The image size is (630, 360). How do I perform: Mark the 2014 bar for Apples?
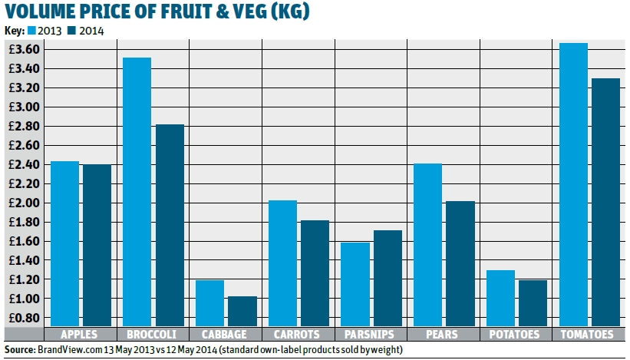tap(97, 246)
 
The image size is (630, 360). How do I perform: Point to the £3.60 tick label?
tap(20, 49)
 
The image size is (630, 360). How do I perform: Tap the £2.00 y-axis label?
tap(20, 203)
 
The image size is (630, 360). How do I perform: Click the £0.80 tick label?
tap(20, 317)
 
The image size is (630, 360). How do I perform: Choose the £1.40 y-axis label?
tap(20, 259)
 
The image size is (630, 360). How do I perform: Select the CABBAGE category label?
tap(226, 335)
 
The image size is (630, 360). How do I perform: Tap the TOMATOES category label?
tap(588, 335)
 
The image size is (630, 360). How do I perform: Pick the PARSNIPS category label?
tap(370, 335)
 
